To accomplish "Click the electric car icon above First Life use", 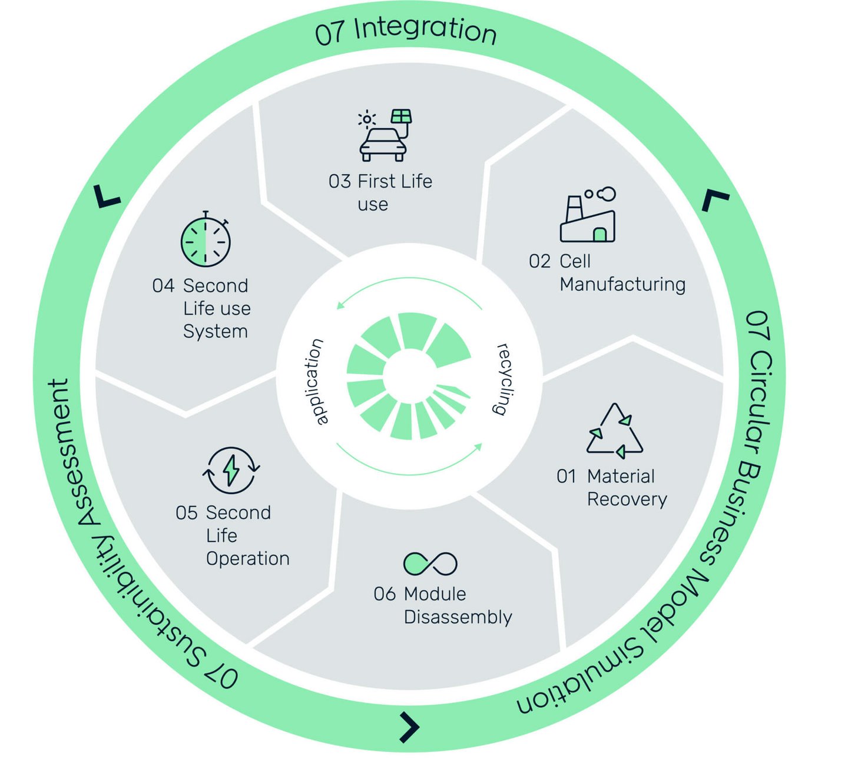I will pos(384,136).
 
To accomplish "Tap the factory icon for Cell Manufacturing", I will pos(588,216).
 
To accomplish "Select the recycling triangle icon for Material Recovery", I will pos(615,431).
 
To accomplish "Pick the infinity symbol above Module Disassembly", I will pos(430,564).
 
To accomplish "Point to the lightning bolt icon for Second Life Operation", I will pos(231,469).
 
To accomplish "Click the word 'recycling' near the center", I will pos(504,379).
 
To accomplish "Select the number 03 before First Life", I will pos(339,181).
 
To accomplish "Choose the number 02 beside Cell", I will pos(539,261).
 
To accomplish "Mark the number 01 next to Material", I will pos(567,476).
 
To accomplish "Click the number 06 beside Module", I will pos(385,594).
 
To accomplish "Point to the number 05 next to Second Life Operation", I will pos(187,513).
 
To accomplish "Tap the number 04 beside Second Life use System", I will pos(163,286).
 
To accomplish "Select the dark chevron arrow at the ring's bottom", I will pos(410,727).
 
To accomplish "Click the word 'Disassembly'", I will pos(458,617).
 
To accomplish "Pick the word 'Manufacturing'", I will pos(622,285).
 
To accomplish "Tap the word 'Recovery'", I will pos(627,499).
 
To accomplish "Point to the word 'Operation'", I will pos(247,559).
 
